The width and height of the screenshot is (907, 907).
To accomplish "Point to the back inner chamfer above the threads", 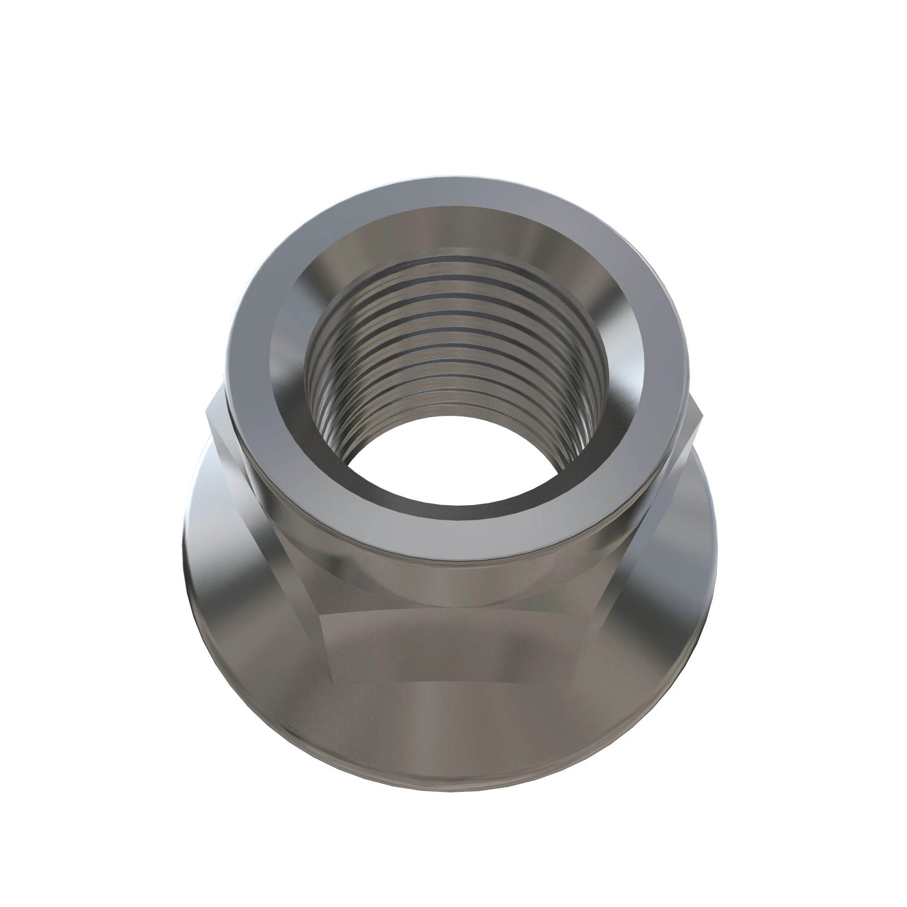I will [453, 230].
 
